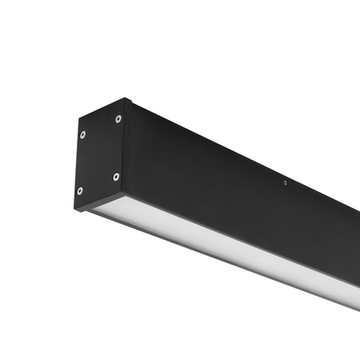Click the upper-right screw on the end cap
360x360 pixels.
[x=118, y=119]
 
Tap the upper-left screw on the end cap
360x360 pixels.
[x=82, y=134]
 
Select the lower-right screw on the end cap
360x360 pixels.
[x=116, y=176]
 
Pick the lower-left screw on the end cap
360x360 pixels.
[x=79, y=190]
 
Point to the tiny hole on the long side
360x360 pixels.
[x=286, y=182]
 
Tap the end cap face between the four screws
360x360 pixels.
[x=99, y=155]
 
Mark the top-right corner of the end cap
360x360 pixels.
[x=126, y=99]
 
